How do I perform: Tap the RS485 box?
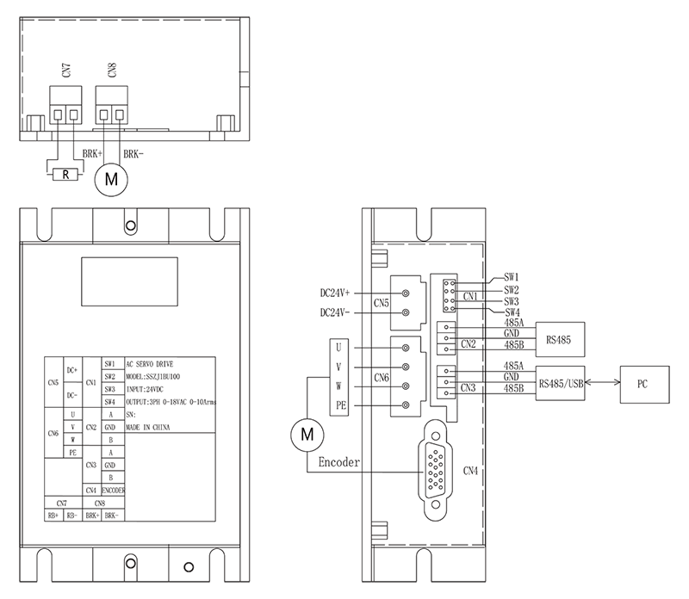(x=561, y=338)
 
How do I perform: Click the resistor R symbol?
(x=65, y=175)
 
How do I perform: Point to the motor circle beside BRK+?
(x=109, y=180)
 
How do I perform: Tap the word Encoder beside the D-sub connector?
(x=338, y=462)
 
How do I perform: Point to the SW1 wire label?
(x=512, y=278)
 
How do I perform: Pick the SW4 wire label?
(x=512, y=312)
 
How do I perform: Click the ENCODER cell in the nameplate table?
(x=114, y=490)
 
